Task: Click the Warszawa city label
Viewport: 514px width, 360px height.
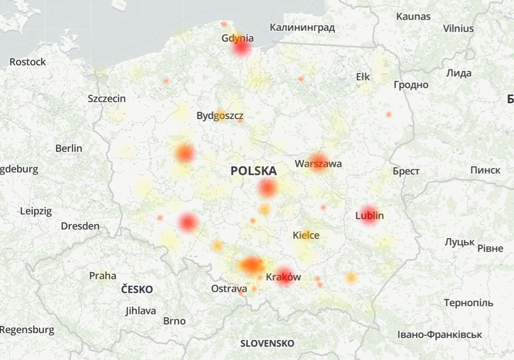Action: [318, 164]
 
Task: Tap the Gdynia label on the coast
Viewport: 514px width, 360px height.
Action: [238, 38]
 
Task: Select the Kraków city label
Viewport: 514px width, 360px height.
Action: [283, 277]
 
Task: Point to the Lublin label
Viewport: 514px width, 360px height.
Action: [370, 216]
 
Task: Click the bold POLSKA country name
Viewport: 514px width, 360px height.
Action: [253, 171]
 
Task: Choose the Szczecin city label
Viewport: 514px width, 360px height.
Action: [107, 99]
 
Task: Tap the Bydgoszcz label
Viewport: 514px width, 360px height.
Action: [220, 116]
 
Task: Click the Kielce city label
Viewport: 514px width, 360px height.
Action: [306, 236]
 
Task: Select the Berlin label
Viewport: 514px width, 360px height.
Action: [69, 148]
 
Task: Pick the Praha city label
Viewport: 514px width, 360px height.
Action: [103, 276]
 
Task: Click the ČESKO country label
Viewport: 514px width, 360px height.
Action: [137, 289]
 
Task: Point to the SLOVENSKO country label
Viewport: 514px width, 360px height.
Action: [267, 343]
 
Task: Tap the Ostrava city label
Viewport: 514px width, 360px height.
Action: [229, 289]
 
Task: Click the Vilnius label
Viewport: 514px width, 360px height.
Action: [458, 28]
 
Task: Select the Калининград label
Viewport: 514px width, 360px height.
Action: [302, 27]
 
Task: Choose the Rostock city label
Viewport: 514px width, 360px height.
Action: [28, 62]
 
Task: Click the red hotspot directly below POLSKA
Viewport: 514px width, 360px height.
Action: [267, 188]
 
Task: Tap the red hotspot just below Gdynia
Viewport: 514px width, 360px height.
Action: [241, 48]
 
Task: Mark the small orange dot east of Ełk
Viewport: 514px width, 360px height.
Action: [388, 114]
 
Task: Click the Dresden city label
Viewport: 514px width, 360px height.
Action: [80, 226]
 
